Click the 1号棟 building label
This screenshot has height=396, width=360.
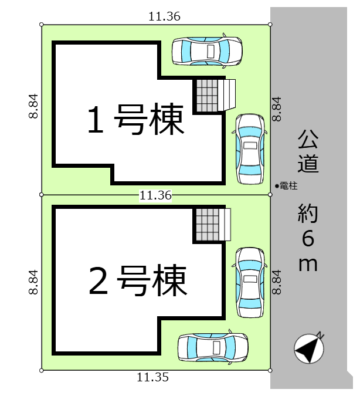[136, 119]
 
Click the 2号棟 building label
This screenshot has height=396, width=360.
[138, 280]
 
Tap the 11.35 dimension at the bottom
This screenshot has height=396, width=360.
[152, 377]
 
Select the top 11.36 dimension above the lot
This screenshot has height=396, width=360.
[164, 16]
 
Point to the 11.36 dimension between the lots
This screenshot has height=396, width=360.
[155, 195]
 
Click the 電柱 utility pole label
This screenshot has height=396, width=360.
[288, 186]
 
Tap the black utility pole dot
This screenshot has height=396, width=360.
[277, 187]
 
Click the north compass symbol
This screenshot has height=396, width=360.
[309, 348]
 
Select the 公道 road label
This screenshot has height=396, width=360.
[308, 151]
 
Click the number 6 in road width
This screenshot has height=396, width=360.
[308, 238]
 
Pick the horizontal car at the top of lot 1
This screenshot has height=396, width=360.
[207, 51]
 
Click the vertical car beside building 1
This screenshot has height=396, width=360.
[250, 149]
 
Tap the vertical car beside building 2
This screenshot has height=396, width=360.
[250, 282]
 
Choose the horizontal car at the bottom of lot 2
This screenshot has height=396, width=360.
[213, 347]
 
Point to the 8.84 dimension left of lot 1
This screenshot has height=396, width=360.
[33, 106]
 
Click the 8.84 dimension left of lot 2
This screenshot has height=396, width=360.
[33, 282]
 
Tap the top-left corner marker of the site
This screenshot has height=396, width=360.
[42, 25]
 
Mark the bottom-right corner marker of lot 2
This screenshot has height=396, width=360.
[270, 371]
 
